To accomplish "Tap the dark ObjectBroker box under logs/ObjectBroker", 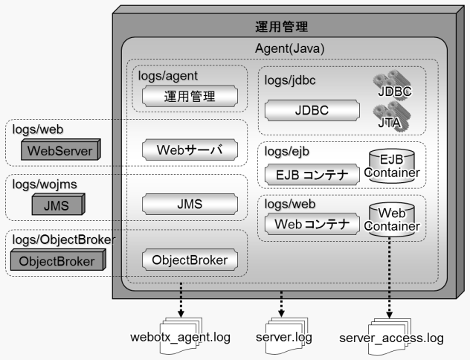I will [x=57, y=261].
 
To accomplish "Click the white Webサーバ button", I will [x=190, y=151].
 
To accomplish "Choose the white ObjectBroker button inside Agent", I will [x=190, y=260].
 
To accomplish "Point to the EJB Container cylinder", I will [x=391, y=167].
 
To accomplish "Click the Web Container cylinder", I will [x=391, y=218].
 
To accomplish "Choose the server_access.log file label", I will [x=391, y=338].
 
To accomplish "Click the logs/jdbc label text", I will [x=290, y=77].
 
